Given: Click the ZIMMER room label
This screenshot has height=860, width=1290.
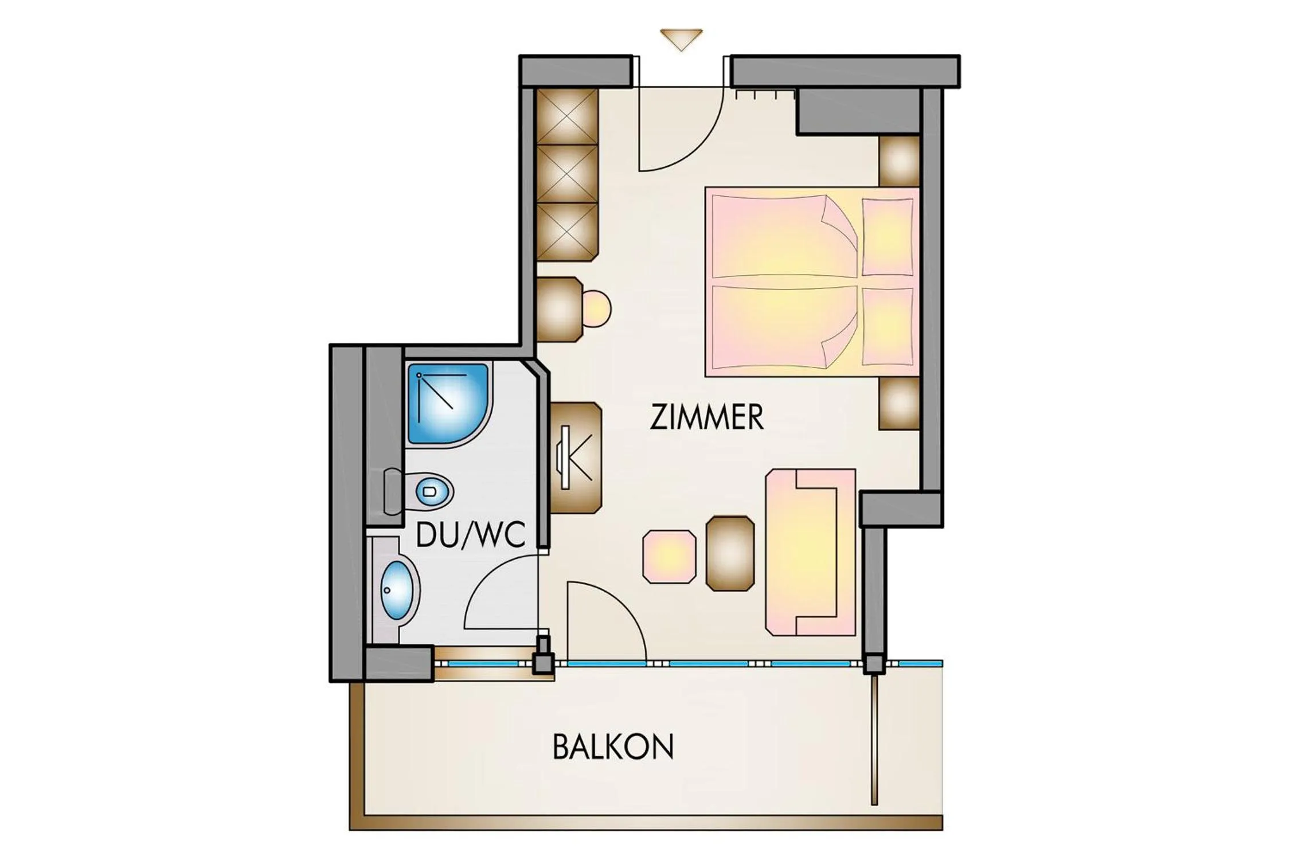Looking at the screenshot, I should [706, 417].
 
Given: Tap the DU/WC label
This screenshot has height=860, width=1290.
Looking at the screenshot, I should [470, 535].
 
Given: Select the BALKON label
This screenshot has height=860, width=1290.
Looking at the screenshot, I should [613, 746].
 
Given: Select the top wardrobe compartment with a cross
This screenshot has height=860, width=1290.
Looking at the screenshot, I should [567, 116].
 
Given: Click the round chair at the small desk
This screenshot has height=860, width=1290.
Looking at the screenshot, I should [597, 309].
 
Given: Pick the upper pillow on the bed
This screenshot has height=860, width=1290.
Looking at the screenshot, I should [887, 236].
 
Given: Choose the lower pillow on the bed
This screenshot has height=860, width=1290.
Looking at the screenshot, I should [887, 326].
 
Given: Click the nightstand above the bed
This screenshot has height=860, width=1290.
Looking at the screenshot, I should [900, 160].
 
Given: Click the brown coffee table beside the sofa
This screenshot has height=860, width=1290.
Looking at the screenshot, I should [730, 553].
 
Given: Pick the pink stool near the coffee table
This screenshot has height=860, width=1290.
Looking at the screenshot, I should [669, 557].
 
